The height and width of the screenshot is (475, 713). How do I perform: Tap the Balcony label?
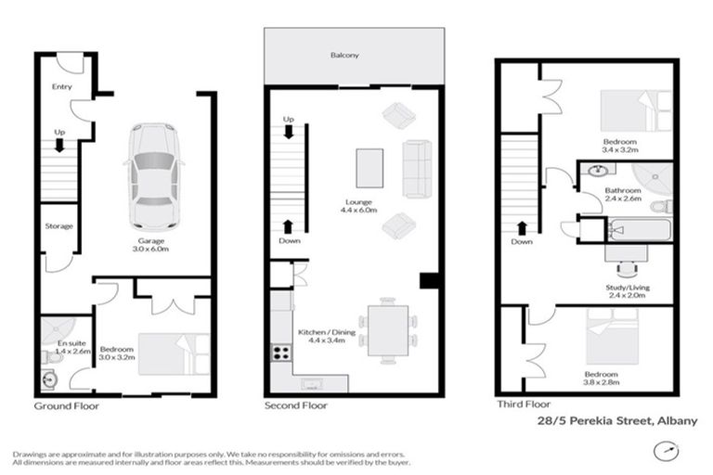click(344, 57)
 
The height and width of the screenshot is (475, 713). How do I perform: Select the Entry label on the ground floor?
click(61, 86)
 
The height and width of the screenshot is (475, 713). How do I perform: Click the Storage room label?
click(58, 225)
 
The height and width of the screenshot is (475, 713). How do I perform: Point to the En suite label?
click(60, 347)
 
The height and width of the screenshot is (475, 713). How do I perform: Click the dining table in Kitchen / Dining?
click(387, 329)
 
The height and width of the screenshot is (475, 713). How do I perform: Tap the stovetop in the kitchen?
click(279, 353)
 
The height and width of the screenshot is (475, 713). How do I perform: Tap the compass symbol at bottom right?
click(662, 452)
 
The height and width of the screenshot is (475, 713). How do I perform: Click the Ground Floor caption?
click(66, 405)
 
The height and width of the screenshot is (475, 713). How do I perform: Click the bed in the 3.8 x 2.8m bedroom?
click(610, 335)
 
